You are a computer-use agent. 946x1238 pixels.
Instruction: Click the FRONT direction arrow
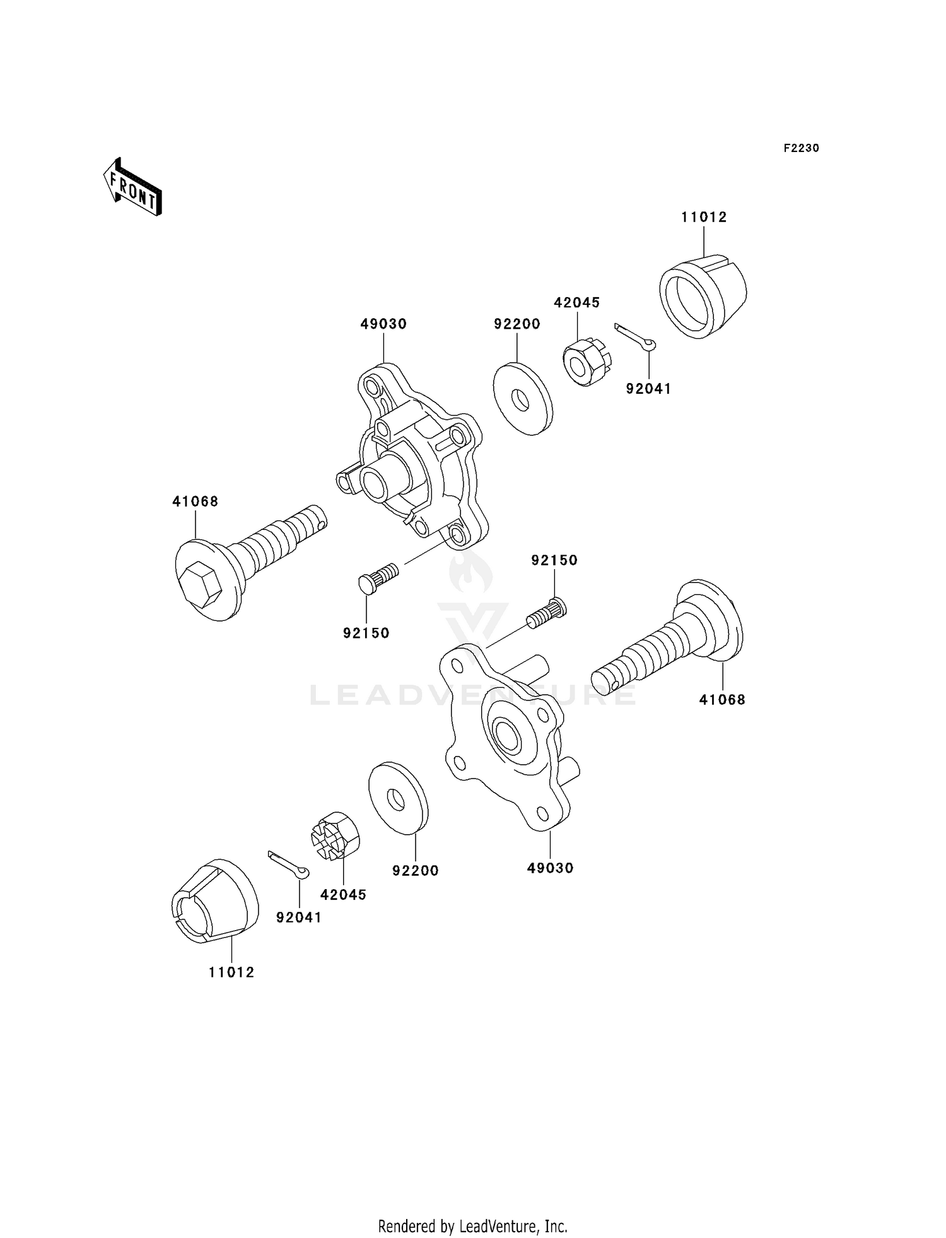point(132,188)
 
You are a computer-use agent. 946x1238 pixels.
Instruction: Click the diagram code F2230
point(801,148)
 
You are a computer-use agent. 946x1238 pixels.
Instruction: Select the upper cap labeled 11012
point(703,296)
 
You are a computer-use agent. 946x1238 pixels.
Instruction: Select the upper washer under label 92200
point(522,398)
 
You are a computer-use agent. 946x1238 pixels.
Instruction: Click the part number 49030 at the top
point(383,324)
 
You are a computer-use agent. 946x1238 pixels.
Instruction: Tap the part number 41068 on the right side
point(722,699)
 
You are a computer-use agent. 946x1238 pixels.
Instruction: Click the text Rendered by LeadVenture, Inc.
point(472,1226)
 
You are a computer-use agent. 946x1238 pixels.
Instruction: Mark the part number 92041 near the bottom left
point(299,917)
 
